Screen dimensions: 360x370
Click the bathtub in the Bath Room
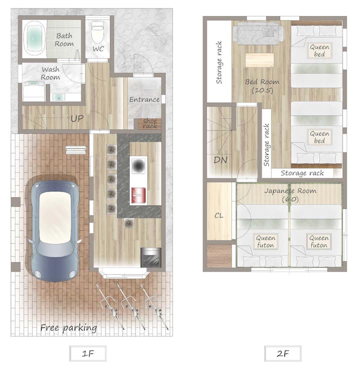tap(34, 39)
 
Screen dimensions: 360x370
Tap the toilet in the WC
tap(97, 32)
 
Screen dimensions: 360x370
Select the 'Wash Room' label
tap(50, 74)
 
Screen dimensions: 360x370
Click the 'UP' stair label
tap(77, 118)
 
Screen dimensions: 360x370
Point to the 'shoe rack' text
tap(150, 124)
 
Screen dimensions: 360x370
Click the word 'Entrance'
tap(144, 100)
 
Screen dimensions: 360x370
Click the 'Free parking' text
tap(68, 328)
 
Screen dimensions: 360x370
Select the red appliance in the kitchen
tap(138, 195)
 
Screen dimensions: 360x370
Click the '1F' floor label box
tap(88, 353)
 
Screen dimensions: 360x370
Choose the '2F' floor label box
tap(282, 353)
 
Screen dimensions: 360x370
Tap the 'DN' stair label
tap(220, 160)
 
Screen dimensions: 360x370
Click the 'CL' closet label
tap(218, 215)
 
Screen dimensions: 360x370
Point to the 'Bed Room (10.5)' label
tap(262, 86)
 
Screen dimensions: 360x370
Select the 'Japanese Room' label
tap(290, 191)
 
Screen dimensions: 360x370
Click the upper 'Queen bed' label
tap(319, 51)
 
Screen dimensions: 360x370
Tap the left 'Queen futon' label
tap(265, 241)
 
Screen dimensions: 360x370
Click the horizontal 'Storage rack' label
tap(302, 173)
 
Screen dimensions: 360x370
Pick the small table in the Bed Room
tap(259, 60)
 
